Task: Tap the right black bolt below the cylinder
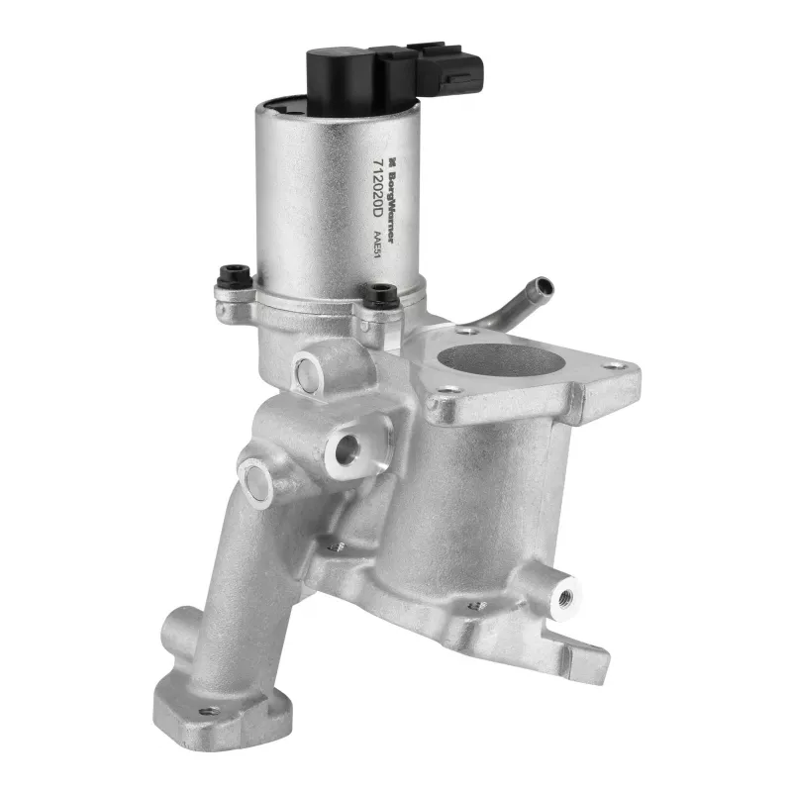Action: click(x=380, y=294)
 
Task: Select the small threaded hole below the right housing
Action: click(x=477, y=605)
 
